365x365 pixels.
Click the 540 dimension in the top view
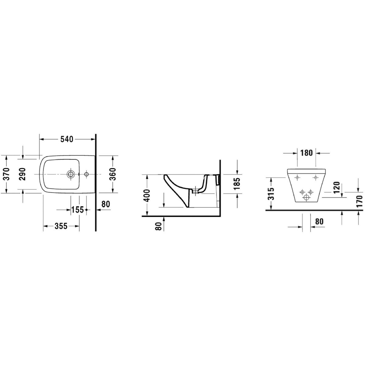pos(67,139)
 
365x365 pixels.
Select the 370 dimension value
pos(7,174)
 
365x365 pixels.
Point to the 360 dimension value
pos(113,174)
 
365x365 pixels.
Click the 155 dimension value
pos(77,210)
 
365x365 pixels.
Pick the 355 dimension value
pos(61,226)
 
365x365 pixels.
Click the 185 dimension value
pos(237,183)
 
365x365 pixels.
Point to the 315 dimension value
pos(271,194)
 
